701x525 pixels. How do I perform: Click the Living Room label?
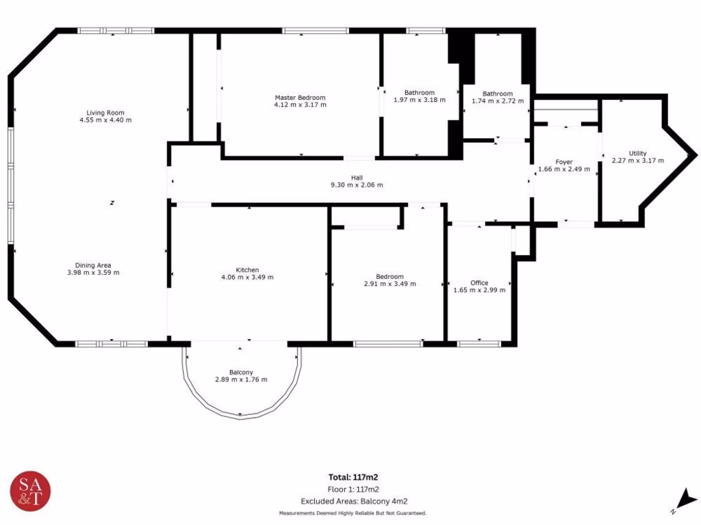[x=105, y=113]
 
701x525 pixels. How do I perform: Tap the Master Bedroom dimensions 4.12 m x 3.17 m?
[x=300, y=105]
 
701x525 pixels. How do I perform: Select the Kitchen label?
[x=247, y=270]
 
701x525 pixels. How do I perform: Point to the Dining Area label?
[x=93, y=265]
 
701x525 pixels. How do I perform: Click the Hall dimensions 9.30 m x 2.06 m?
[x=357, y=185]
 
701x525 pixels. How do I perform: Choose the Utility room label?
[x=637, y=153]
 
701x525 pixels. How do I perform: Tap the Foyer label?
[x=564, y=162]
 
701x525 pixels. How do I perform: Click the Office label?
[x=479, y=282]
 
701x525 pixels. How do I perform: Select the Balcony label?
[x=241, y=372]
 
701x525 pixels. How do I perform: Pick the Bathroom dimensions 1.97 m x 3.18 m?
[x=420, y=100]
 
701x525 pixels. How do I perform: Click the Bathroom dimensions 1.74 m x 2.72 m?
[x=497, y=101]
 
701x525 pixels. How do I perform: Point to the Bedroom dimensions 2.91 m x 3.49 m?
[x=390, y=284]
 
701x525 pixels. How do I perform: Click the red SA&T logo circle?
[x=31, y=492]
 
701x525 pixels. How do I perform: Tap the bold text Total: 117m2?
[x=354, y=477]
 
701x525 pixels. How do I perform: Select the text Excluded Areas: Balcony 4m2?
[x=354, y=502]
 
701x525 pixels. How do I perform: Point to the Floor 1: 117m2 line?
[x=354, y=489]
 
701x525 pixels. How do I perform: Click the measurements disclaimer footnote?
[x=353, y=513]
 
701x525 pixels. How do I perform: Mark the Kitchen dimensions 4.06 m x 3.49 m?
[x=247, y=278]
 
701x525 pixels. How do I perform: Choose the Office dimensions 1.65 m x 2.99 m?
[x=479, y=290]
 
